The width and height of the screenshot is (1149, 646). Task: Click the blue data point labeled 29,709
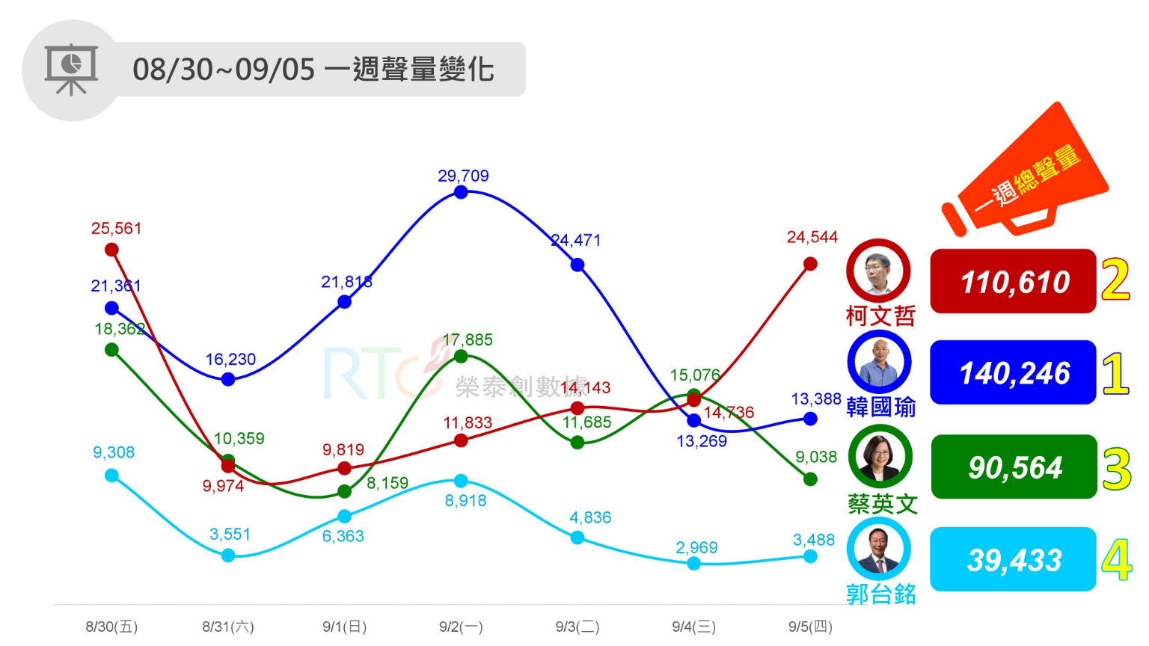pos(461,192)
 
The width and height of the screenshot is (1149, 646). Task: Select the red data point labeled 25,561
pos(111,250)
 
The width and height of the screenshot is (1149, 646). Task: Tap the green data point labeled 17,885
pos(461,357)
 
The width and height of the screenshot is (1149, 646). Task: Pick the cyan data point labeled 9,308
pos(111,476)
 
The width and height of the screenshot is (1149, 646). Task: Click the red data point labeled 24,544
pos(810,264)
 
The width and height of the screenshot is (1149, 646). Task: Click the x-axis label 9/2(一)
pos(461,627)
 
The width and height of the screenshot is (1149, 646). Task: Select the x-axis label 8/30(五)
pos(111,627)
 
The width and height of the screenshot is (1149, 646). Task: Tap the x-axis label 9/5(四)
pos(810,627)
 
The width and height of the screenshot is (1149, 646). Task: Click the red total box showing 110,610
pos(1013,282)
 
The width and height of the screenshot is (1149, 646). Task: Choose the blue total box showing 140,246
pos(1013,372)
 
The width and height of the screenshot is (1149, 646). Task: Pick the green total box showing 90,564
pos(1014,467)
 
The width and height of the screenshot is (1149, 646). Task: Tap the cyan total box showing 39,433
pos(1013,559)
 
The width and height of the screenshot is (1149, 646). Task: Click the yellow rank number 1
pos(1115,373)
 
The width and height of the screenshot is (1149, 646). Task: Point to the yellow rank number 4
pos(1116,560)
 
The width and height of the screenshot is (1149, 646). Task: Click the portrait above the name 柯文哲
pos(878,271)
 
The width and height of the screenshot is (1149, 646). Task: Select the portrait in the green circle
pos(880,456)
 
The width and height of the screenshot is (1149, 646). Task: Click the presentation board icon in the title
pos(71,70)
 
